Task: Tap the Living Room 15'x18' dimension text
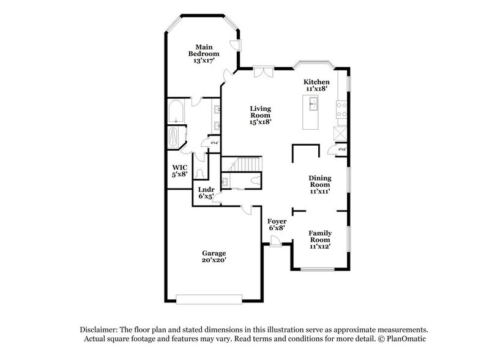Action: click(260, 122)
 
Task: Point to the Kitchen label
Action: click(317, 82)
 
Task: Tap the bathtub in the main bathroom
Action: click(177, 113)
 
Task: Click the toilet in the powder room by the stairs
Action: click(254, 181)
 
